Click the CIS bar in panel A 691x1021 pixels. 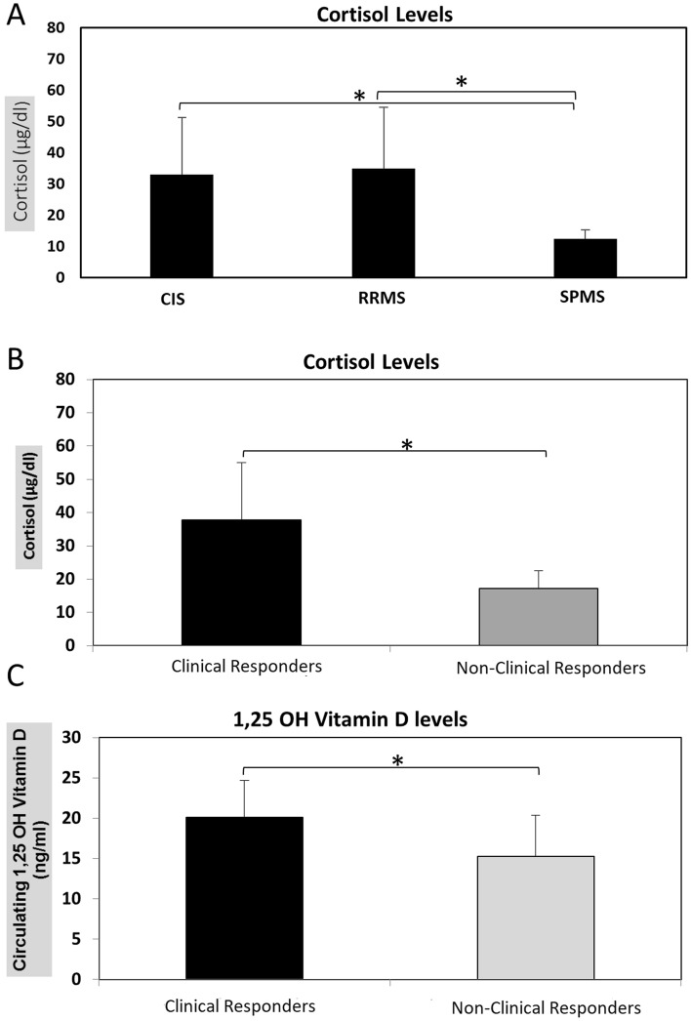click(182, 226)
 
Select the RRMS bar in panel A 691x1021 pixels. click(384, 224)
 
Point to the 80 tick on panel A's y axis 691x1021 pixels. click(58, 28)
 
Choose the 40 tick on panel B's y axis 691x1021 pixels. click(63, 512)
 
